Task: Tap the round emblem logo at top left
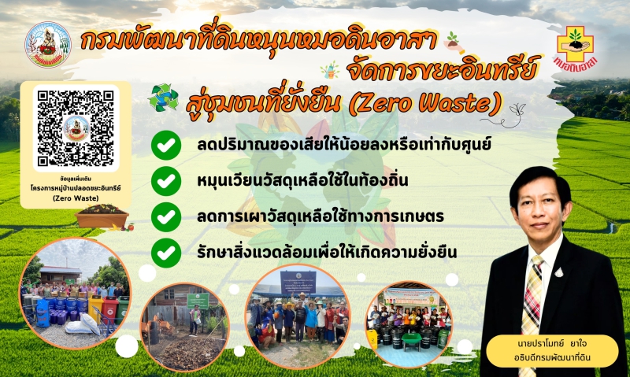(48, 45)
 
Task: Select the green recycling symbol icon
(163, 97)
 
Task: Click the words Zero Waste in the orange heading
(440, 103)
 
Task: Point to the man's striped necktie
(533, 299)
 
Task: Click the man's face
(537, 209)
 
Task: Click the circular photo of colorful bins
(76, 293)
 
